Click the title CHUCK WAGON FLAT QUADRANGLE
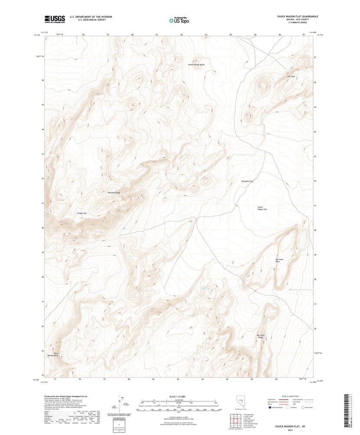(298, 16)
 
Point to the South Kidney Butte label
(196, 65)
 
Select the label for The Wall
(291, 77)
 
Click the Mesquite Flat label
(247, 181)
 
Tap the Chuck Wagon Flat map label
(262, 209)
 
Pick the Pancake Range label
(113, 192)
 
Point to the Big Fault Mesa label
(280, 261)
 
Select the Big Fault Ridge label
(261, 336)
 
